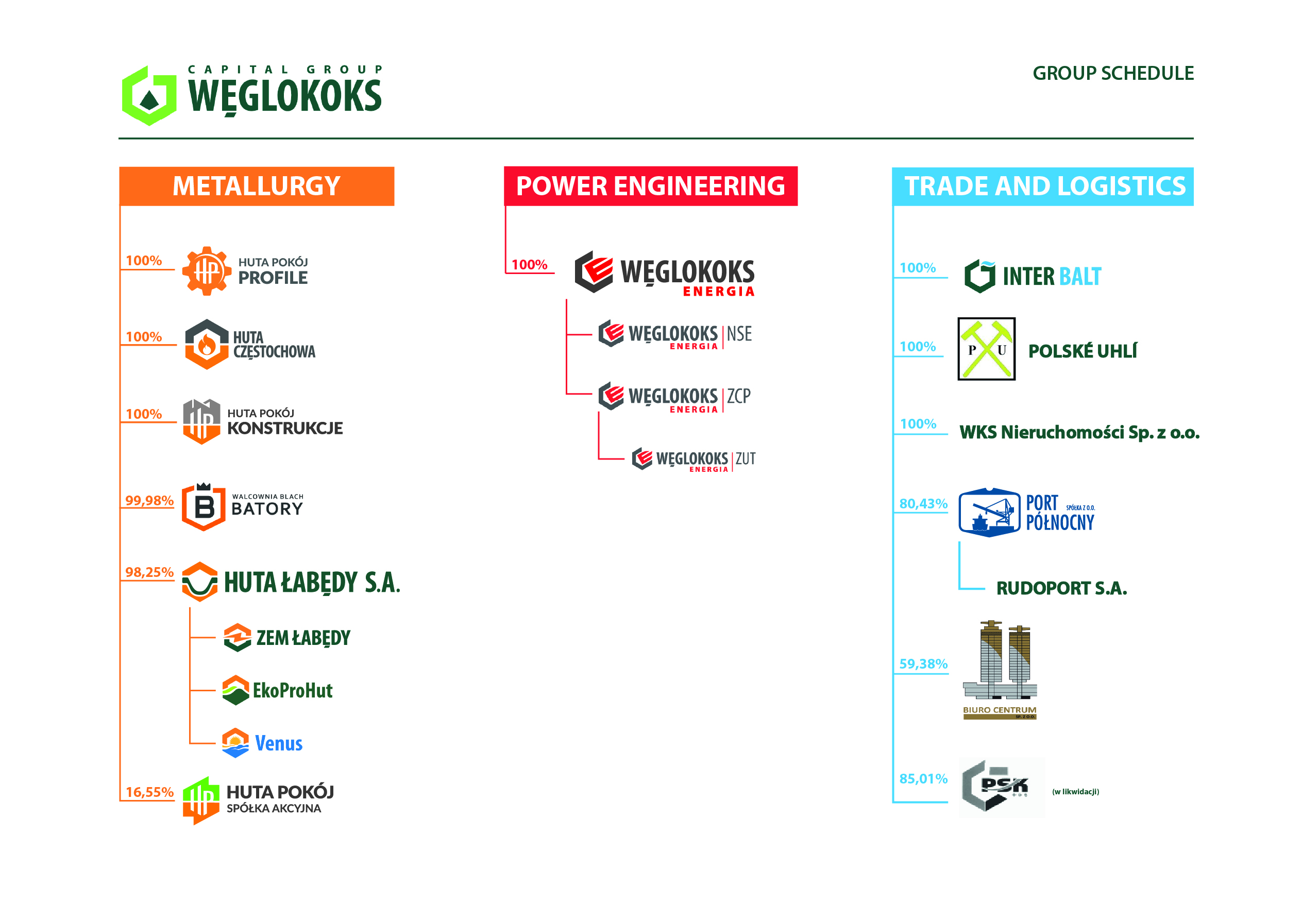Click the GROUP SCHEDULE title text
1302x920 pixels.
pos(1112,73)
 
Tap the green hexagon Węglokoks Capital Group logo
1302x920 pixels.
pos(149,95)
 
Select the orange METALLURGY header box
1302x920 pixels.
pos(256,186)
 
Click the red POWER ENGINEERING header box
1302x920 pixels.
pos(650,186)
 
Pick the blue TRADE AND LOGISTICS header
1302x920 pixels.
pos(1042,186)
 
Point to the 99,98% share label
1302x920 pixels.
pos(149,501)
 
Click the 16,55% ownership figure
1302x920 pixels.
pos(149,792)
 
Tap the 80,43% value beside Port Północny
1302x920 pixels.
pos(923,503)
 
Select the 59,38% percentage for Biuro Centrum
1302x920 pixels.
pos(923,663)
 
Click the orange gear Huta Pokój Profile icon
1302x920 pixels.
pos(207,270)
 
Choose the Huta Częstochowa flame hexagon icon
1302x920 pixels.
pos(207,344)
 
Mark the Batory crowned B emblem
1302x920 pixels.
pos(204,507)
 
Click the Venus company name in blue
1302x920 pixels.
pos(278,743)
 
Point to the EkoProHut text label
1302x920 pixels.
pos(293,690)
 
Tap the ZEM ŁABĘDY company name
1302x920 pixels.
pos(303,638)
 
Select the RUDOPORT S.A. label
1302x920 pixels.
pos(1061,588)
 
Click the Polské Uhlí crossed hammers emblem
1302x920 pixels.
pos(986,349)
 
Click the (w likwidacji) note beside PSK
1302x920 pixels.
pos(1075,792)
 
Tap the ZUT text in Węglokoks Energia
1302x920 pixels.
pos(746,458)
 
